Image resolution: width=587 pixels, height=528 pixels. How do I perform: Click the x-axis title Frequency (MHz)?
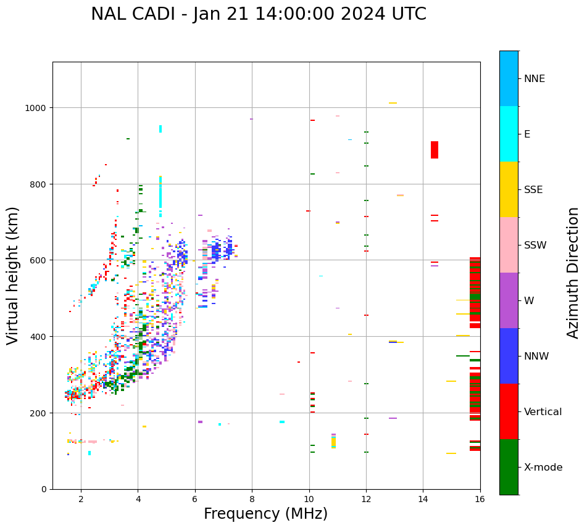point(265,514)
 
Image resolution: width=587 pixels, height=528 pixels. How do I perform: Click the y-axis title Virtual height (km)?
point(13,275)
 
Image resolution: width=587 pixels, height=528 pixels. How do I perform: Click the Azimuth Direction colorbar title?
point(573,273)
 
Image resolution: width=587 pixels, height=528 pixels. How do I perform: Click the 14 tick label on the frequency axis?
point(423,500)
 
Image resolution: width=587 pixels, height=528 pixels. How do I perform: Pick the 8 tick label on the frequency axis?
point(252,500)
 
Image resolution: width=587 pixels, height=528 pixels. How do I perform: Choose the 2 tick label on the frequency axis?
point(81,500)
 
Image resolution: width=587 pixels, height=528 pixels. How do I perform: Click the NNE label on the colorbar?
point(535,79)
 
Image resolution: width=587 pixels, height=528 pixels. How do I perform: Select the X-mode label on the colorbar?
point(543,468)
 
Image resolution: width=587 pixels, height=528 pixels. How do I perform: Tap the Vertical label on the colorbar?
point(543,412)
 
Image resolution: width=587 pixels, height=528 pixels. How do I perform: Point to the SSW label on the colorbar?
point(535,245)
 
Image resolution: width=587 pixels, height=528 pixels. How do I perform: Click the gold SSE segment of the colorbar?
point(509,189)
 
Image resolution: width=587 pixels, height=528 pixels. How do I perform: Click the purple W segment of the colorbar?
point(509,300)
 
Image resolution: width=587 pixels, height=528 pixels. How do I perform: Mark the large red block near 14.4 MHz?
point(435,150)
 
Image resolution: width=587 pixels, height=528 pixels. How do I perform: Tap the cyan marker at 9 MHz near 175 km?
point(282,422)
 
